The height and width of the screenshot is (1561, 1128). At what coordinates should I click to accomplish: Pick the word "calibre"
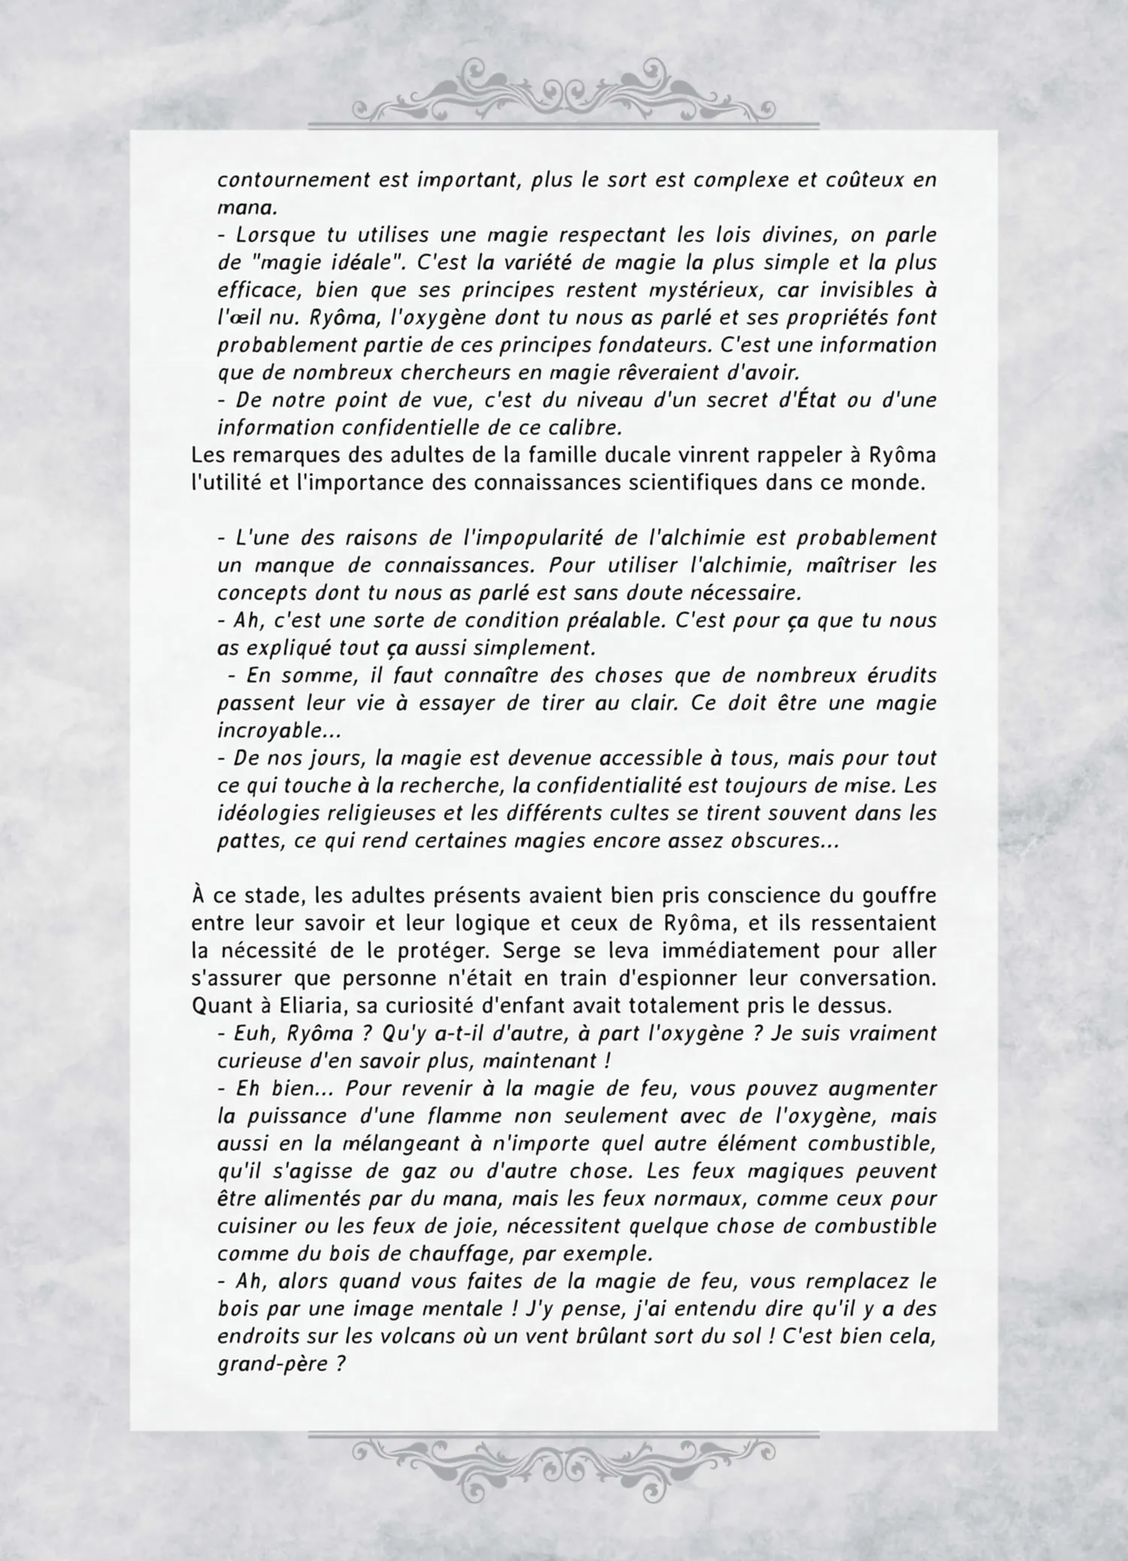pos(581,428)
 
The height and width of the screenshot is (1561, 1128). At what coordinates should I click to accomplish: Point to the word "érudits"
pos(902,675)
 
